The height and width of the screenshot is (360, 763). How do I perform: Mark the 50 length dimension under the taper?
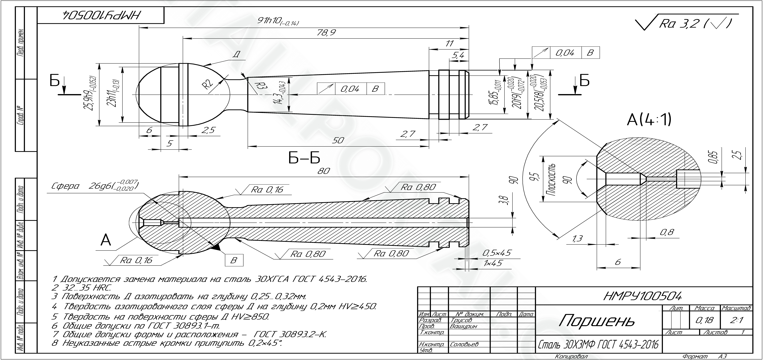[x=338, y=140]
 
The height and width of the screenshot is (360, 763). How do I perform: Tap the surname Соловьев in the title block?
[x=464, y=344]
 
